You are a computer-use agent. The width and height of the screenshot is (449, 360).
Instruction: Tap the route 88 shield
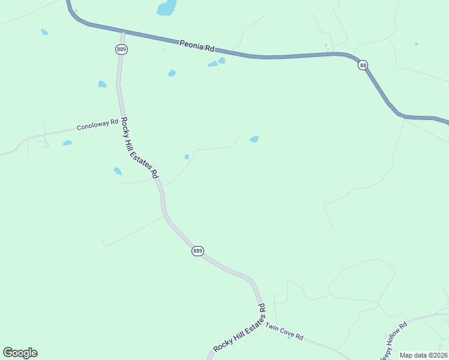point(363,65)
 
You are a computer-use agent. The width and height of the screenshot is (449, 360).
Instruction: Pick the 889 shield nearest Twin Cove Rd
point(198,251)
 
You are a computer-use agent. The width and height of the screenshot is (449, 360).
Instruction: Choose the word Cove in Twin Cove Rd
point(286,332)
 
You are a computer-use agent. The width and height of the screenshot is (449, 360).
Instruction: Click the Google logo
point(20,353)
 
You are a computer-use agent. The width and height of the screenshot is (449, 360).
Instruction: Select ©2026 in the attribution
point(438,355)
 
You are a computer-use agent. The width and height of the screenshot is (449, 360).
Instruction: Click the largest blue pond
point(166,8)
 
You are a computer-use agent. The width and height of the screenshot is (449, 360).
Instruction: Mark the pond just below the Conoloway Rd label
point(67,143)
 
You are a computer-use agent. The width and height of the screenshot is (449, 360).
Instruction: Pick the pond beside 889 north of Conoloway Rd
point(102,84)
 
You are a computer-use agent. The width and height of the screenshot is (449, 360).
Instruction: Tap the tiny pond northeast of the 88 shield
point(416,44)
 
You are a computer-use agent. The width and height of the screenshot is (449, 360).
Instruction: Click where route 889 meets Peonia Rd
point(122,31)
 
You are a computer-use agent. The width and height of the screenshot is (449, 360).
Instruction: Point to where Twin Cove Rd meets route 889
point(264,322)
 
